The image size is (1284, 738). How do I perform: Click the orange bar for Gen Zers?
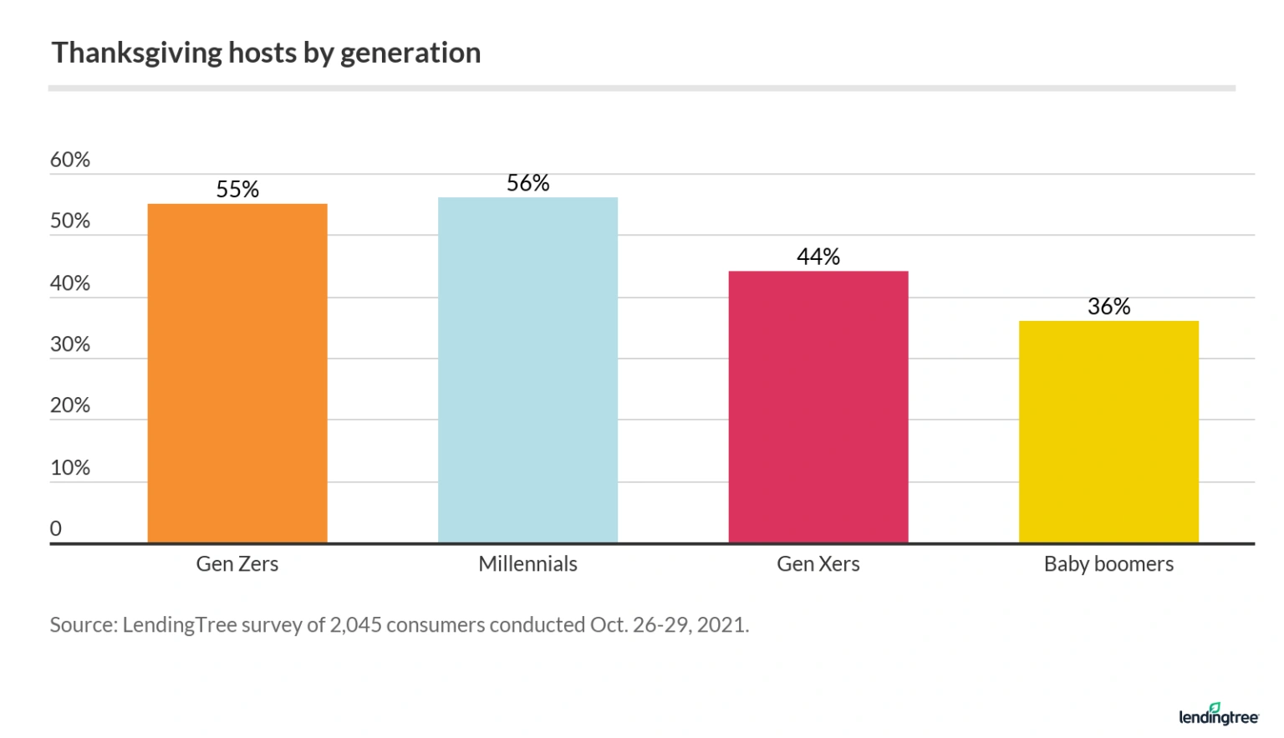click(237, 373)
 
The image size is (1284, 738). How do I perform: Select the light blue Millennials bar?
click(527, 369)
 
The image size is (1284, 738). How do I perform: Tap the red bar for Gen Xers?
click(818, 406)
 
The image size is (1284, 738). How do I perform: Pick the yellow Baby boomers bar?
click(1108, 431)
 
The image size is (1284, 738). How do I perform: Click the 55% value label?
click(237, 190)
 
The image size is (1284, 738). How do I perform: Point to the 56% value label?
click(527, 183)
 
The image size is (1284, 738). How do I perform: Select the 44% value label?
click(818, 257)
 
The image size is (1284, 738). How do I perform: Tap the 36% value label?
click(1108, 307)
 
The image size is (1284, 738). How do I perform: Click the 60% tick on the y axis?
click(70, 160)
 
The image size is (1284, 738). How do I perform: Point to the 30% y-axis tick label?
click(70, 344)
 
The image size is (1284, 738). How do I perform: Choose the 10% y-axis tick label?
click(70, 467)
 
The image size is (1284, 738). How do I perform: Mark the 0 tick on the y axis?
click(56, 528)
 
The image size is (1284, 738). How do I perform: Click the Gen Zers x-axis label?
click(237, 564)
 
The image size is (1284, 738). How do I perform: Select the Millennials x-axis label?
click(527, 564)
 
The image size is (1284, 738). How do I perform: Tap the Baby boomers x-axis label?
click(1108, 564)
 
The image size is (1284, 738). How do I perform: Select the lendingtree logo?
click(1218, 715)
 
